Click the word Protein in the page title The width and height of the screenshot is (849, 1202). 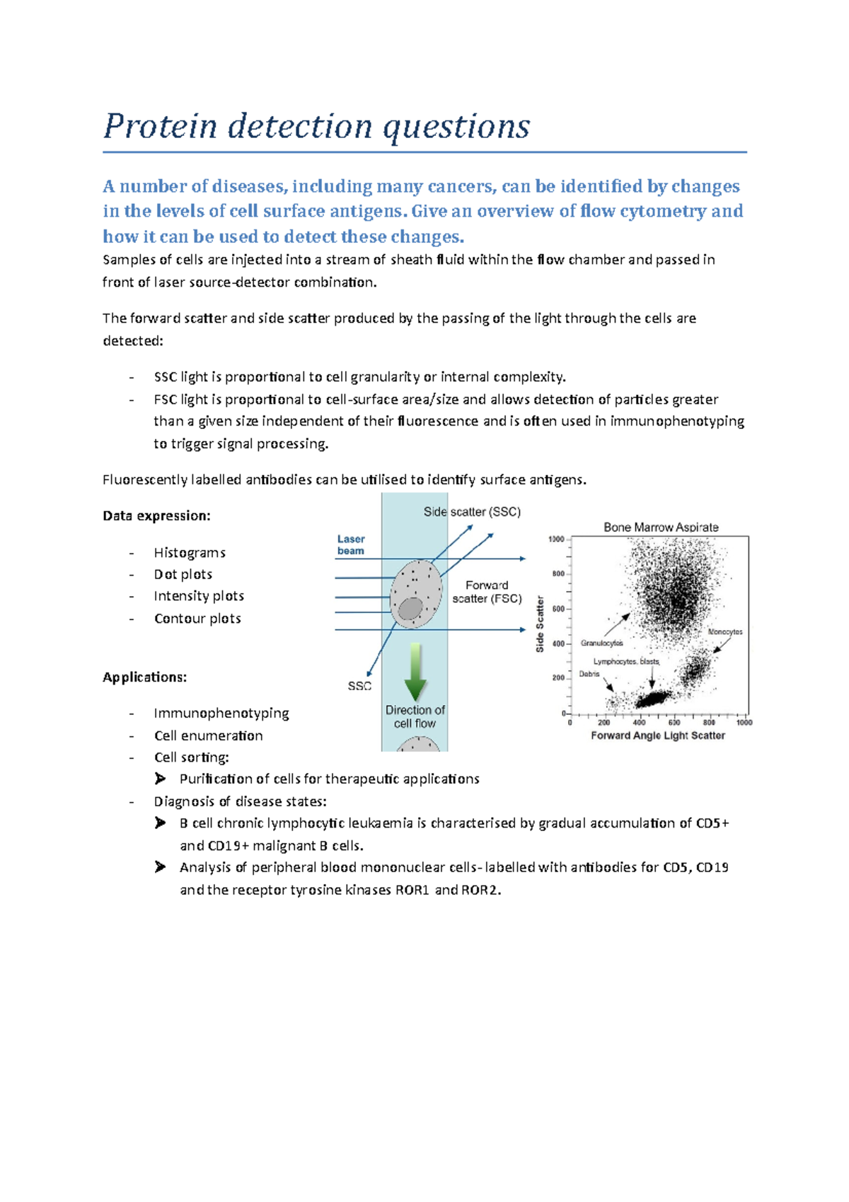tap(160, 127)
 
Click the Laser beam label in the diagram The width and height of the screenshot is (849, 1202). tap(351, 545)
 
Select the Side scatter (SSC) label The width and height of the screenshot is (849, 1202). tap(472, 512)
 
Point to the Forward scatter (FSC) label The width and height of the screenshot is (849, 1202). tap(487, 592)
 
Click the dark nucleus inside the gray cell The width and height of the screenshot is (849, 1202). tap(410, 608)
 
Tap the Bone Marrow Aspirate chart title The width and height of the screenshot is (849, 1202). tap(661, 527)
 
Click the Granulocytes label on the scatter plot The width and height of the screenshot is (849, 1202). tap(601, 643)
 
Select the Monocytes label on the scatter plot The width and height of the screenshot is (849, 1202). tap(725, 632)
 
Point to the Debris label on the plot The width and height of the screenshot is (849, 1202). tap(589, 674)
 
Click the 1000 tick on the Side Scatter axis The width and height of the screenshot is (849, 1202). tap(556, 539)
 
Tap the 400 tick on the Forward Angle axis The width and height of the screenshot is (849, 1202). tap(639, 723)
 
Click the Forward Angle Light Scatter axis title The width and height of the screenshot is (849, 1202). tap(658, 735)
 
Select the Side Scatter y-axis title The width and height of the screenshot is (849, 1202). tap(541, 623)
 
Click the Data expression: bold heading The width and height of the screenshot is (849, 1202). tap(156, 516)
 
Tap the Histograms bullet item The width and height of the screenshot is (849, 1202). tap(190, 553)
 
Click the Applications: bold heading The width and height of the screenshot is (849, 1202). tap(144, 677)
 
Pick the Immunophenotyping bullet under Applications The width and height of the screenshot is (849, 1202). tap(221, 714)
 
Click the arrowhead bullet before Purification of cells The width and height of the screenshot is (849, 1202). tap(161, 779)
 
